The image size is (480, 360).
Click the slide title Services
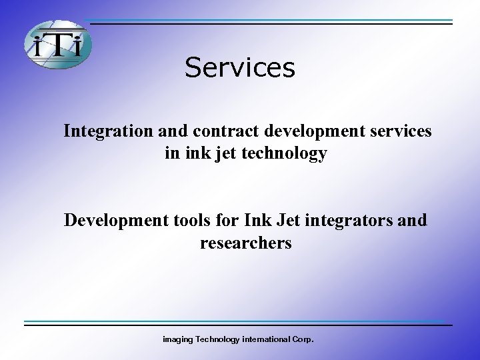pos(239,67)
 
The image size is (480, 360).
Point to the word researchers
pos(245,243)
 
